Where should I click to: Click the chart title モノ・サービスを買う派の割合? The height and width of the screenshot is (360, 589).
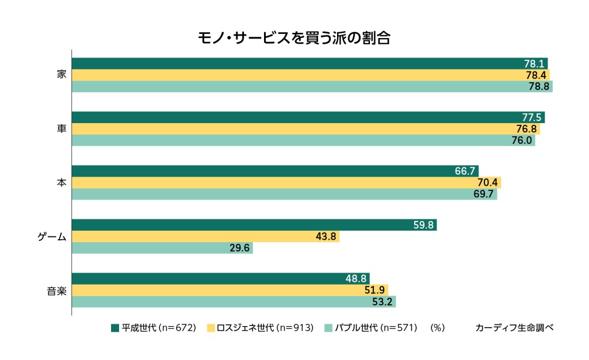(294, 38)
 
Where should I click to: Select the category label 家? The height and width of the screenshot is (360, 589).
(62, 75)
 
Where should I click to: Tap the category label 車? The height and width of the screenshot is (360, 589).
(62, 129)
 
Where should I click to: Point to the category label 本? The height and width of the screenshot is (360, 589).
(62, 182)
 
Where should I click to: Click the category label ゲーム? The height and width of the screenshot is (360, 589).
(52, 236)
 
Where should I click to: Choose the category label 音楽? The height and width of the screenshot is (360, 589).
(56, 290)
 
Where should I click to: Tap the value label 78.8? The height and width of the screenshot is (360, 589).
(539, 87)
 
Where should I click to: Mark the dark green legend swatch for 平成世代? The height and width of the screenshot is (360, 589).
(115, 328)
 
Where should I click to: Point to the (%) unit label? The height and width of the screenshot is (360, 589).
(438, 328)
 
